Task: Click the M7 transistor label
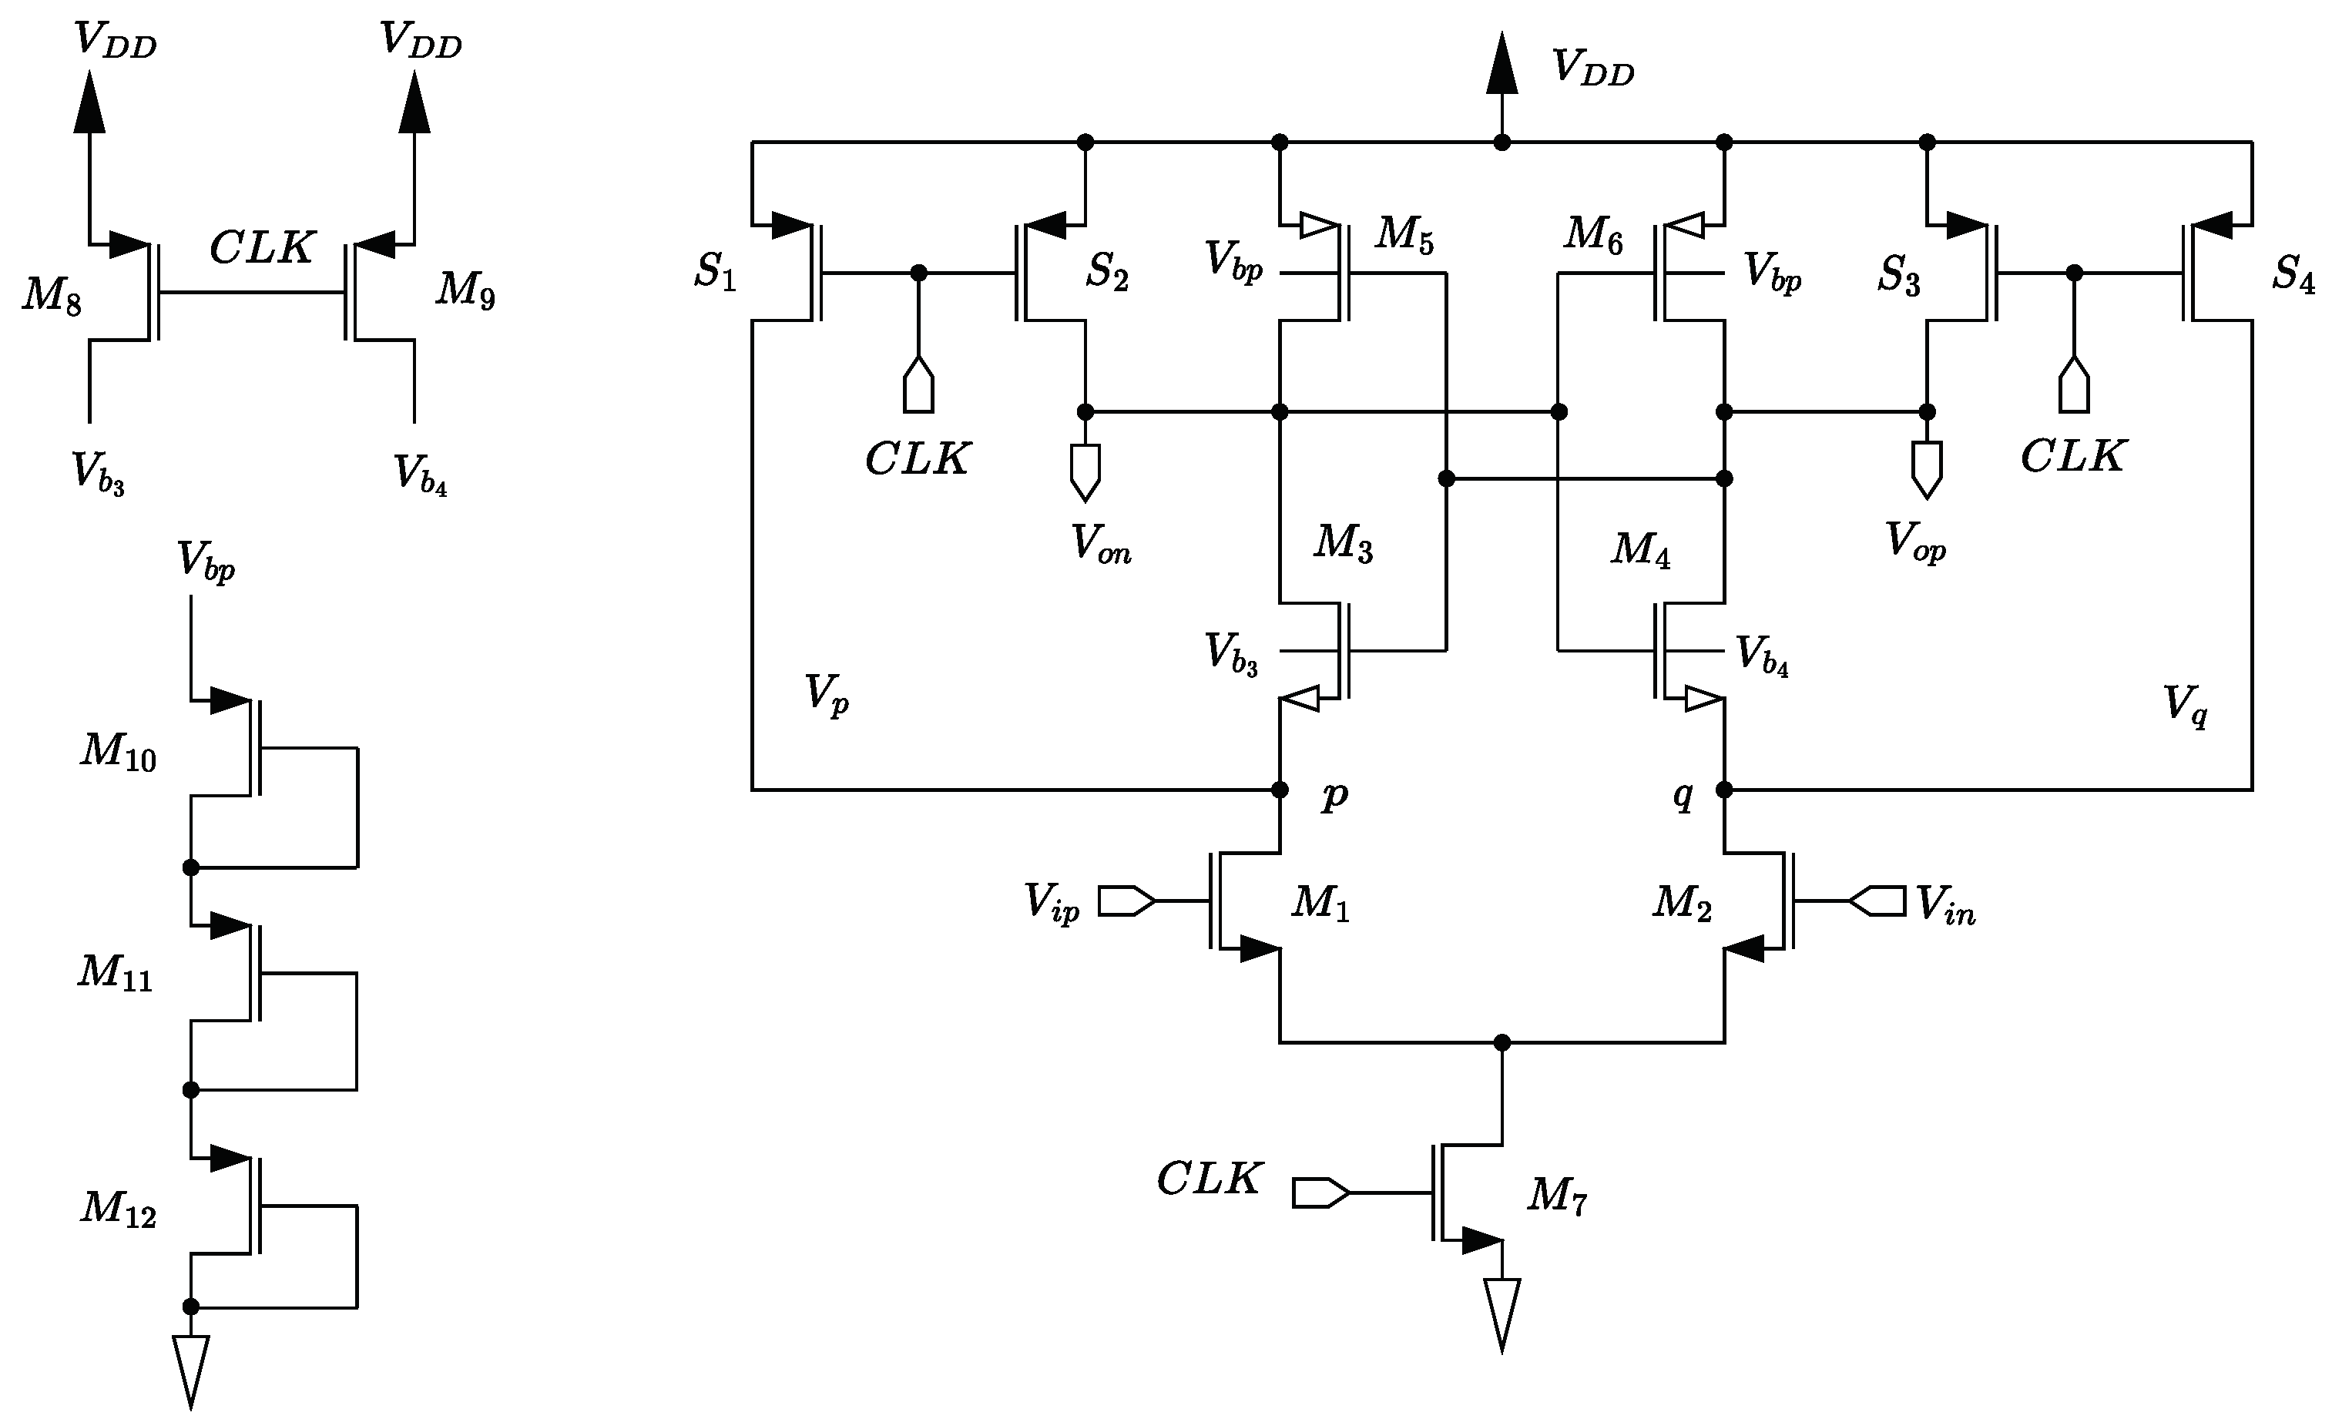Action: tap(1556, 1196)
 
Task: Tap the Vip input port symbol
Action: tap(1126, 901)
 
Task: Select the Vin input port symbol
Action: tap(1877, 901)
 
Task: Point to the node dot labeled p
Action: tap(1280, 790)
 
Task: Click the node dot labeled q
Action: tap(1724, 790)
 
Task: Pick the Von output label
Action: tap(1100, 546)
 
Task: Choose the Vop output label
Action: tap(1915, 542)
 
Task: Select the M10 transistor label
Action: tap(119, 752)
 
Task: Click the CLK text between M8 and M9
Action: tap(261, 248)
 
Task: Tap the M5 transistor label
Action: tap(1404, 234)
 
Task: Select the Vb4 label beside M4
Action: tap(1761, 655)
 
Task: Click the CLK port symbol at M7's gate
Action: tap(1320, 1193)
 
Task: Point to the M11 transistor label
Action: tap(116, 973)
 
